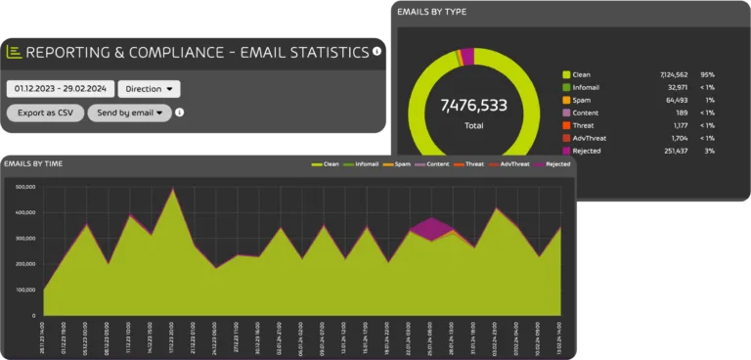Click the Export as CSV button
pyautogui.click(x=45, y=112)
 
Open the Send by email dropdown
pyautogui.click(x=129, y=112)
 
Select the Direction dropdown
pyautogui.click(x=149, y=89)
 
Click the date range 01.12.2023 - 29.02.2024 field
pyautogui.click(x=59, y=89)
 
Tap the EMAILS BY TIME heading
pyautogui.click(x=33, y=163)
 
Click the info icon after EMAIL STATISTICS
pyautogui.click(x=377, y=51)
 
